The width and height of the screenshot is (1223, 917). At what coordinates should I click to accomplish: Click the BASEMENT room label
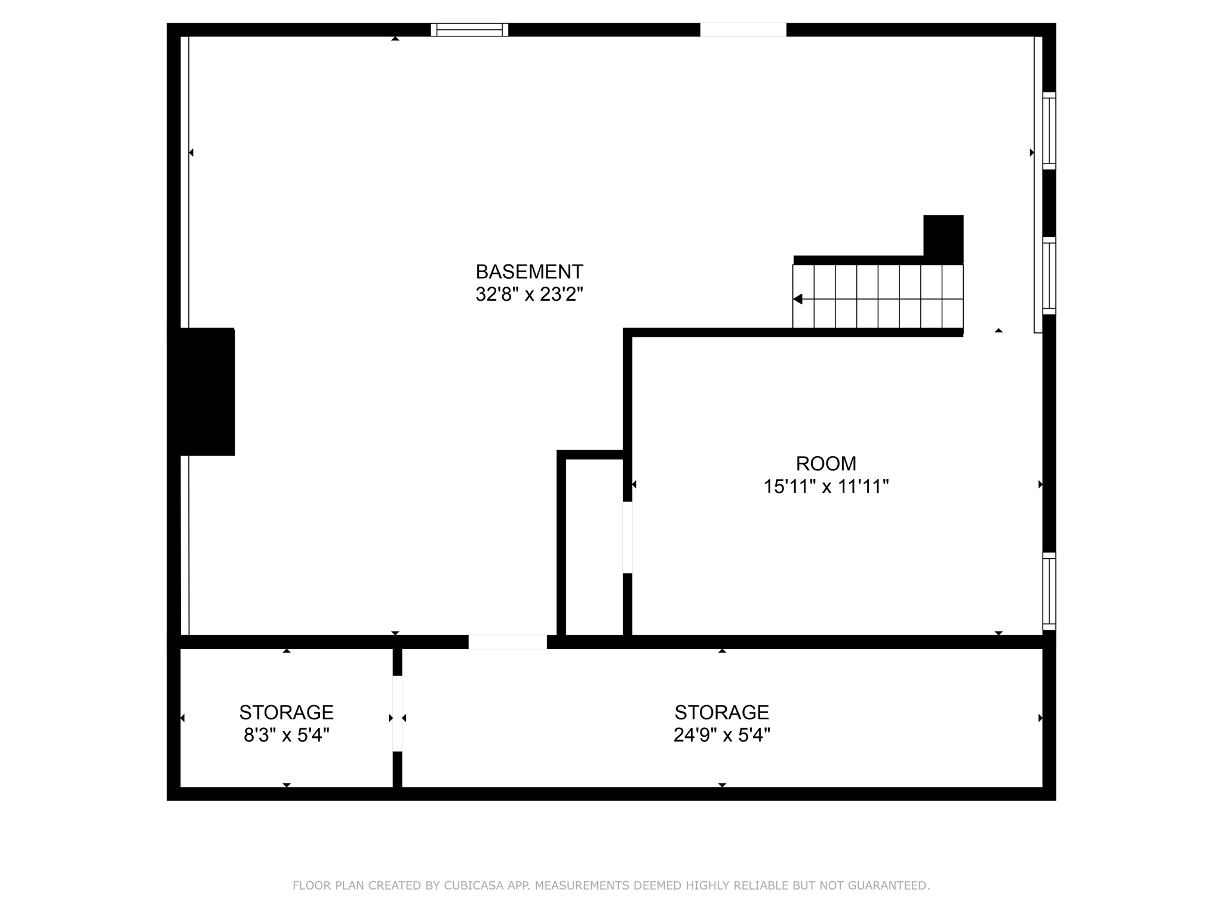(x=529, y=272)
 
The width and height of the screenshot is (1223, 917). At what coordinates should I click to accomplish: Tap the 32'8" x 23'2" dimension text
(x=529, y=294)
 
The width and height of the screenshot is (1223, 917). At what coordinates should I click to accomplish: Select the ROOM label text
(x=826, y=463)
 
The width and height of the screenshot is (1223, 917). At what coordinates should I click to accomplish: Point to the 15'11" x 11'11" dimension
(x=826, y=487)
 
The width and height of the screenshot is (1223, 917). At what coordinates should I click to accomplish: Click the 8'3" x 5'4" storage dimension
(x=287, y=735)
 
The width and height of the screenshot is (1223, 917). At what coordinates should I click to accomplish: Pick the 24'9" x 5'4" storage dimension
(x=721, y=735)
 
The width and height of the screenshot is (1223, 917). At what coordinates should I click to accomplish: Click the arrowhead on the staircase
(x=798, y=299)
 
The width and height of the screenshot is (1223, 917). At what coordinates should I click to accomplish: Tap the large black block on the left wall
(x=202, y=392)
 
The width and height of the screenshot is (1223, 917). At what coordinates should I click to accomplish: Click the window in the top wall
(x=469, y=30)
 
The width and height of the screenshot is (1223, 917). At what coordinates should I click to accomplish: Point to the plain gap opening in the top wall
(x=743, y=30)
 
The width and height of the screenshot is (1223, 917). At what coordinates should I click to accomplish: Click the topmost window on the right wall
(x=1049, y=131)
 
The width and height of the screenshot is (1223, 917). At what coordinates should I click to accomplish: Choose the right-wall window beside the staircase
(x=1049, y=275)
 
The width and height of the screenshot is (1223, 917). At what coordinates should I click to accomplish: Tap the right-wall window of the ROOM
(x=1049, y=591)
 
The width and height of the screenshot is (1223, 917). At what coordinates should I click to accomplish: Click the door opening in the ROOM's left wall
(x=627, y=537)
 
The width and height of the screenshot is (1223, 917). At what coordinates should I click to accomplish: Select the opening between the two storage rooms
(x=397, y=713)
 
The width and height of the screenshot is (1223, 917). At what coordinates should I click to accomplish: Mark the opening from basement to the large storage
(x=508, y=642)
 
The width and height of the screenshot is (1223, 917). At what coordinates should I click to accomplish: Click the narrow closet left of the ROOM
(x=594, y=546)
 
